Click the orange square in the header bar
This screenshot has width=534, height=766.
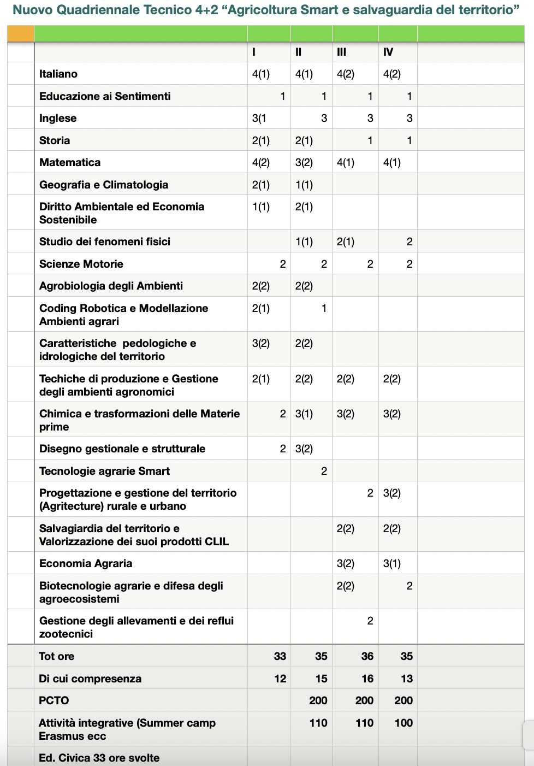(21, 34)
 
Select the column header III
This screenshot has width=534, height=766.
(342, 52)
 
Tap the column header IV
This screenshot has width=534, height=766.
(388, 52)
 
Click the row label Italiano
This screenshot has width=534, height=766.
(58, 74)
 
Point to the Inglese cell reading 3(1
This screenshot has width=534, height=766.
(259, 118)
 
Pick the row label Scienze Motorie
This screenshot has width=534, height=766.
(81, 264)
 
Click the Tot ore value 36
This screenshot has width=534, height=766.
(367, 656)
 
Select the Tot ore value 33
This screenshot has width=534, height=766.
(280, 656)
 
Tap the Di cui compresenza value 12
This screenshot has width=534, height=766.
(280, 679)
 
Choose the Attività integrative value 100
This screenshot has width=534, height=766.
(404, 723)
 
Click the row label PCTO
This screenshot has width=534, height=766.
(54, 700)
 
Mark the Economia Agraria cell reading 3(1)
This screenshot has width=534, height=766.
(392, 563)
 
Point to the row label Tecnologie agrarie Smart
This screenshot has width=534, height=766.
(104, 471)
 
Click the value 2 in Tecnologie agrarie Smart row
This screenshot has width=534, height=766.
(324, 471)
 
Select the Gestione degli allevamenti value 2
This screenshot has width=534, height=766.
(370, 621)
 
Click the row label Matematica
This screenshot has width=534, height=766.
(70, 162)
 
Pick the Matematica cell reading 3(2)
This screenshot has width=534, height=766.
(304, 162)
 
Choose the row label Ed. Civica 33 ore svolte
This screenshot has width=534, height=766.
(99, 758)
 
